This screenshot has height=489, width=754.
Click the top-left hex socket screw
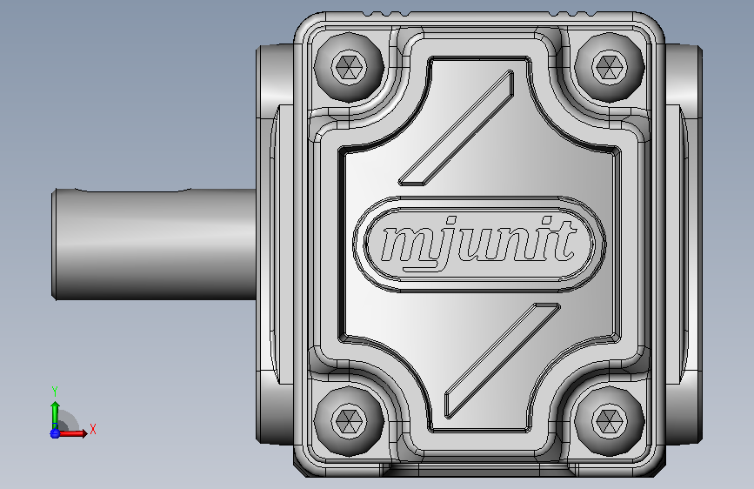pyautogui.click(x=349, y=67)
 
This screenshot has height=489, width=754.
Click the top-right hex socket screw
pyautogui.click(x=610, y=67)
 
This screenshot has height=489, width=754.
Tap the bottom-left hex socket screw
pyautogui.click(x=349, y=421)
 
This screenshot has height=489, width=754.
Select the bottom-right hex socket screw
pyautogui.click(x=610, y=421)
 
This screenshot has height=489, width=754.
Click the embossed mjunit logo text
pyautogui.click(x=478, y=243)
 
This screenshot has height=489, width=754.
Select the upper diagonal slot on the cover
pyautogui.click(x=456, y=128)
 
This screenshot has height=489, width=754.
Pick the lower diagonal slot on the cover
pyautogui.click(x=502, y=361)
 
